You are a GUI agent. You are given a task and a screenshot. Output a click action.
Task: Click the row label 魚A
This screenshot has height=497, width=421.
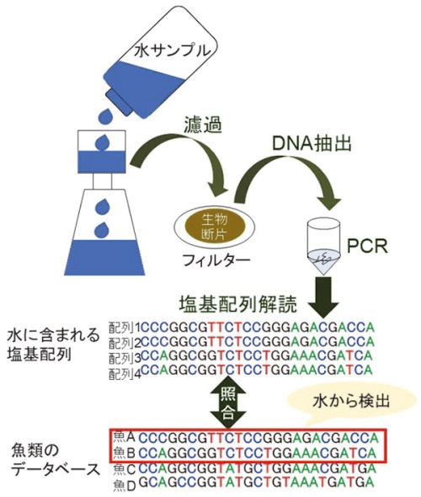(x=124, y=437)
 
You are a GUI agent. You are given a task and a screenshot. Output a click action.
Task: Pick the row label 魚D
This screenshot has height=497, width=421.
(x=124, y=483)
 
